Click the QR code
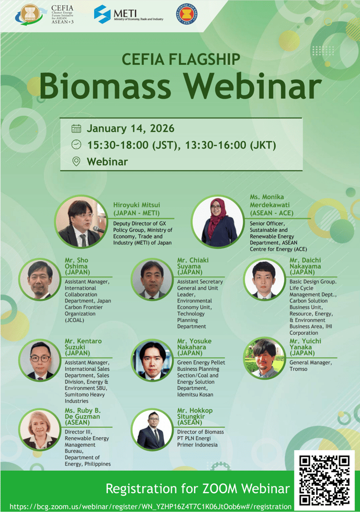coord(324,480)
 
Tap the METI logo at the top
coord(129,14)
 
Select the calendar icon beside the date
coord(76,128)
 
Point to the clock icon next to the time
coord(76,144)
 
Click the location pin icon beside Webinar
coord(76,161)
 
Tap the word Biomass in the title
coord(105,86)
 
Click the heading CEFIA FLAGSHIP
coord(181,60)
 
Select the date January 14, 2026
coord(130,128)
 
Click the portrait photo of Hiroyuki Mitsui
coord(81,222)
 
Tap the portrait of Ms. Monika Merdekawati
coord(218,222)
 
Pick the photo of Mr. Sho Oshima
coord(40,279)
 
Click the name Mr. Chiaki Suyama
coord(193,266)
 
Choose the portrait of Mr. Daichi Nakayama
coord(264,279)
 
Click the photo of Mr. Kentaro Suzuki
coord(40,360)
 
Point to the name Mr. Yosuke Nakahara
coord(194,347)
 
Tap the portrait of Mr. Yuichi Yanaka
coord(264,358)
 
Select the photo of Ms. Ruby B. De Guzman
coord(40,429)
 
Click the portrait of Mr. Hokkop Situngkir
coord(152,429)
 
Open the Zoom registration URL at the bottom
coord(151,506)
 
